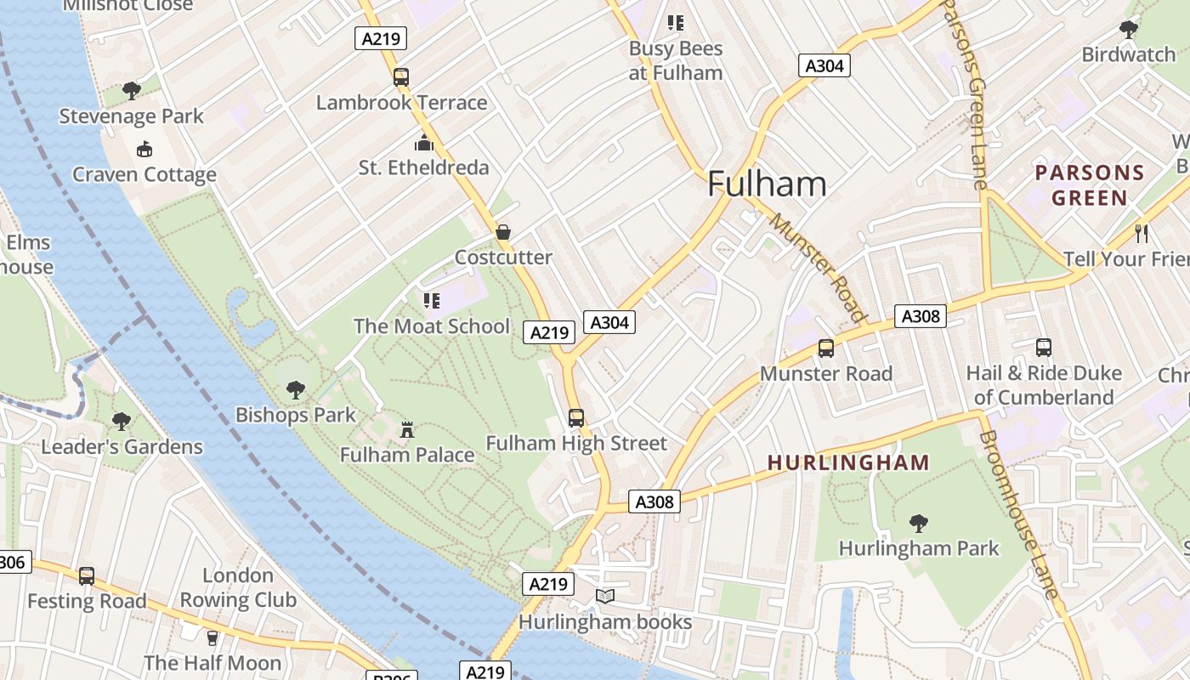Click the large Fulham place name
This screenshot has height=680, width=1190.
767,184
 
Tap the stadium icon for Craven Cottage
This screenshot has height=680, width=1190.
144,150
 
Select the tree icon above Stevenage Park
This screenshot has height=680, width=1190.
131,90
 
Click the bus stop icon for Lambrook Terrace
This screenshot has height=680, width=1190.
401,77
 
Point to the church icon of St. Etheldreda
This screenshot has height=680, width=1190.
423,142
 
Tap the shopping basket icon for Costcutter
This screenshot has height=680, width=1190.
503,232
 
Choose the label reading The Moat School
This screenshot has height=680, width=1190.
432,326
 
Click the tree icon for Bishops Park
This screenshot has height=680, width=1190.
295,390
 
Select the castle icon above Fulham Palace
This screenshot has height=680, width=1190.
407,430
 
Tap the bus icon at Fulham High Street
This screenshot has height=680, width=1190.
576,418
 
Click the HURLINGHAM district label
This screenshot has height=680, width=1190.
848,463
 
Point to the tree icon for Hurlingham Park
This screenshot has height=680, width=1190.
918,523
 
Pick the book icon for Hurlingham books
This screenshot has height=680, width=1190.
604,597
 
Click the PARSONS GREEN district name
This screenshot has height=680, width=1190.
1090,185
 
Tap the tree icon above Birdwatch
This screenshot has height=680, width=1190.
1129,30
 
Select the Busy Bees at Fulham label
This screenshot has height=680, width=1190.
676,60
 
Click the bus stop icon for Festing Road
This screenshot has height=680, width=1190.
87,576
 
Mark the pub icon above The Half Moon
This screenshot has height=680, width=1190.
212,637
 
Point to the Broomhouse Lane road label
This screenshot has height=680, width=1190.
1017,515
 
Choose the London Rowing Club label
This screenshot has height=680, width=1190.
238,587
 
